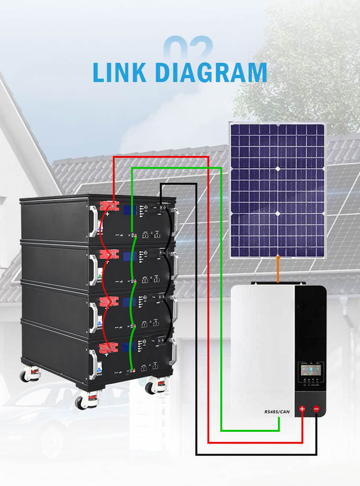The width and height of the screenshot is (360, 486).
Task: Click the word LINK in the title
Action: pyautogui.click(x=120, y=72)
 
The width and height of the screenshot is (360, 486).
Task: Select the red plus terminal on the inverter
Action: pyautogui.click(x=303, y=409)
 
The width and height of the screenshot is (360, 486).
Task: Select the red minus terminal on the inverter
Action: pyautogui.click(x=316, y=409)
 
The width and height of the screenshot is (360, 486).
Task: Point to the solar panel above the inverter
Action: pyautogui.click(x=277, y=190)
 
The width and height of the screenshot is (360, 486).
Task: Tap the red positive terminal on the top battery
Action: pyautogui.click(x=109, y=207)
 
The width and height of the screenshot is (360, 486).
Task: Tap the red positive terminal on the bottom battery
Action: pyautogui.click(x=109, y=347)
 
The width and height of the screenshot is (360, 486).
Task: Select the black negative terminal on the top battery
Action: pyautogui.click(x=163, y=207)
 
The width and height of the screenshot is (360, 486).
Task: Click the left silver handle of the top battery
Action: pyautogui.click(x=93, y=219)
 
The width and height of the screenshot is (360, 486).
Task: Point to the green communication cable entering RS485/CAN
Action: pyautogui.click(x=253, y=431)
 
